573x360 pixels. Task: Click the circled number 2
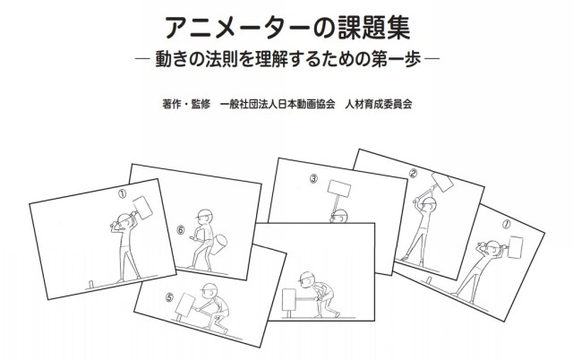[x=413, y=174]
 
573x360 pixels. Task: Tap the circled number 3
[x=314, y=179]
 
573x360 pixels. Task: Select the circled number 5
[x=169, y=298]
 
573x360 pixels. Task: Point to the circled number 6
[x=181, y=230]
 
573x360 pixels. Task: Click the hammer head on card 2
[x=442, y=181]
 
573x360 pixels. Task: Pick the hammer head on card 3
[x=339, y=188]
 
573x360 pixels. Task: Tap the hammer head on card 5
[x=185, y=304]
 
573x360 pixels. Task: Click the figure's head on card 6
[x=205, y=217]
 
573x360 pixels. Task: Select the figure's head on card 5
[x=210, y=290]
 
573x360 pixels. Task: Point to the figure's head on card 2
[x=428, y=204]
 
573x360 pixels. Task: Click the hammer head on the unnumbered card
[x=288, y=300]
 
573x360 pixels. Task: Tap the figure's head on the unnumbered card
[x=307, y=279]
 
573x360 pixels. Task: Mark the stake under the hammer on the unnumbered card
[x=288, y=314]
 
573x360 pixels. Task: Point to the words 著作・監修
[x=186, y=104]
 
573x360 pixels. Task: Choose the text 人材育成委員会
[x=378, y=104]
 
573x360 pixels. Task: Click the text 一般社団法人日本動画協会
[x=278, y=104]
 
